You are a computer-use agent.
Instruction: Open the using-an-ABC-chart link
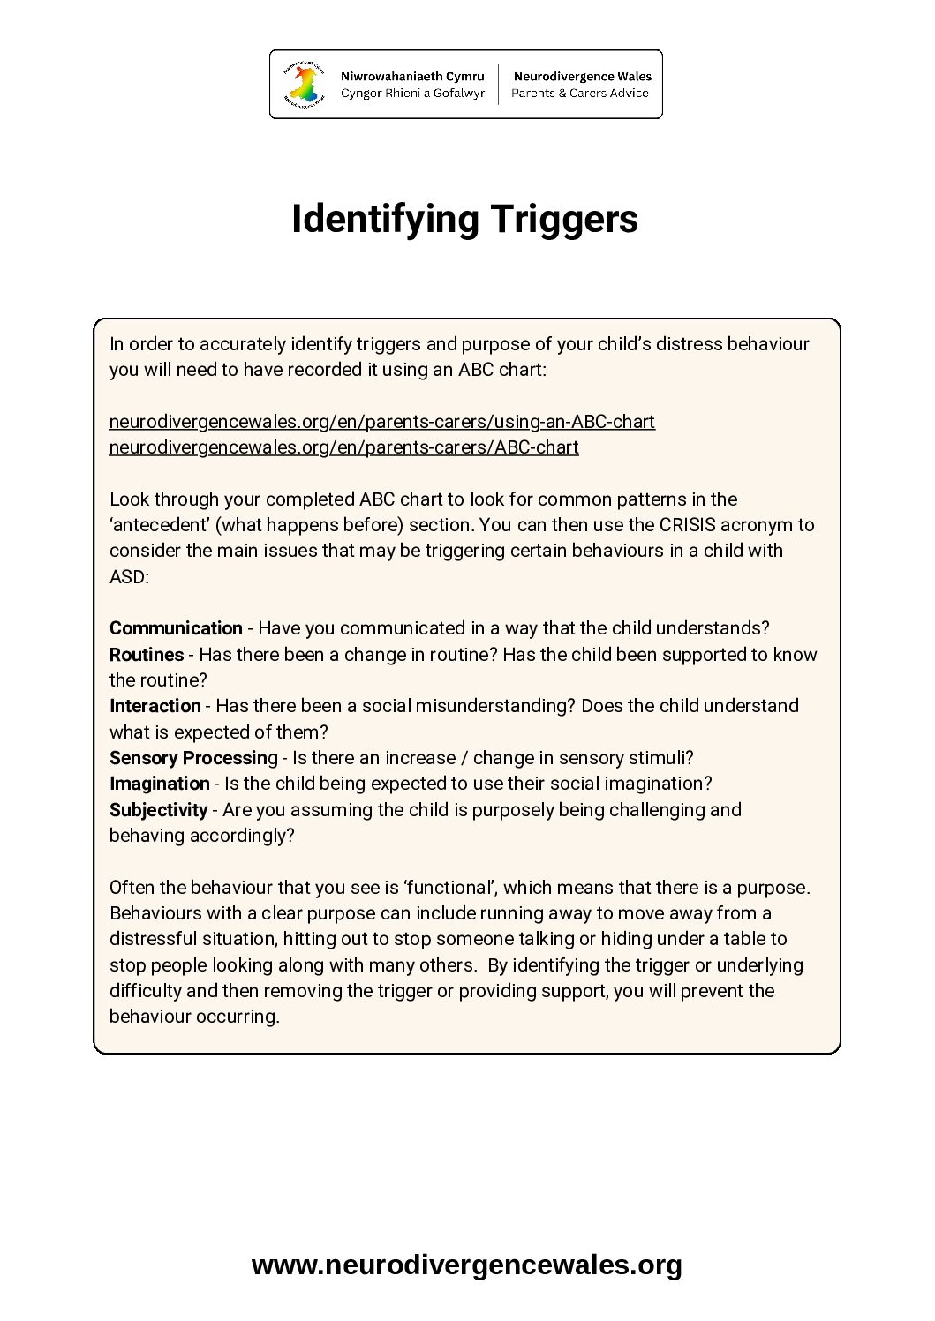coord(381,422)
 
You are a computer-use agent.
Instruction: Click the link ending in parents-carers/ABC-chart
coord(343,447)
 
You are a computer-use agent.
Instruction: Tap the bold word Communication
coord(176,628)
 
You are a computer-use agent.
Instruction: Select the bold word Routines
coord(147,655)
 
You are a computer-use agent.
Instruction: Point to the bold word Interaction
coord(155,706)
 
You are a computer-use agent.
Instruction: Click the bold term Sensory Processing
coord(192,758)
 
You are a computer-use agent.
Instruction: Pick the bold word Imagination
coord(160,784)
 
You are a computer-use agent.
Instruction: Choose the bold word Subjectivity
coord(158,810)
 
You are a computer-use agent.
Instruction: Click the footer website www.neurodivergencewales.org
coord(466,1265)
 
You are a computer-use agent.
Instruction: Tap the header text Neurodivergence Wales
coord(582,77)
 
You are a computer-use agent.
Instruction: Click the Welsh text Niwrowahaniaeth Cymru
coord(412,77)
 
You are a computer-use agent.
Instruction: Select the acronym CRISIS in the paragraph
coord(687,525)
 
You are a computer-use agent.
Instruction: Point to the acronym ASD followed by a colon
coord(129,577)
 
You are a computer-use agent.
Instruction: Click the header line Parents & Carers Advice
coord(579,93)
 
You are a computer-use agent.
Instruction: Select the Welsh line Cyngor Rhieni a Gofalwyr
coord(412,93)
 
